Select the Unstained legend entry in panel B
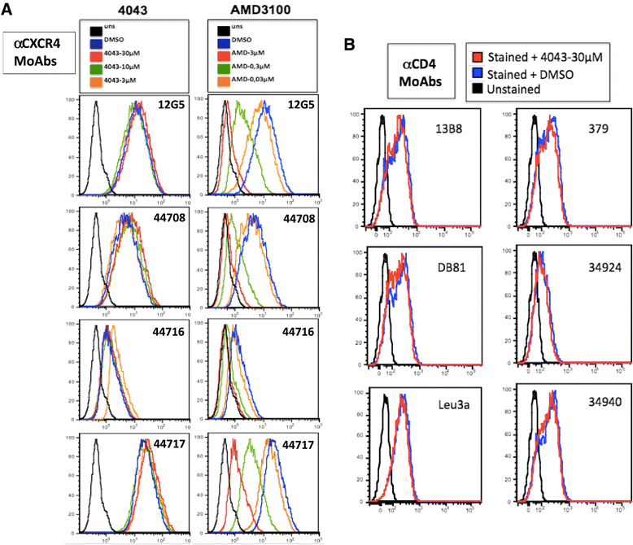(520, 89)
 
